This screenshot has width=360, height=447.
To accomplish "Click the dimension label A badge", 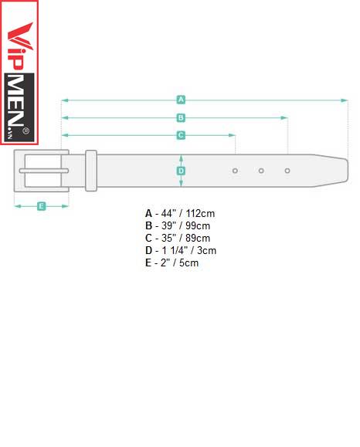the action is click(181, 100).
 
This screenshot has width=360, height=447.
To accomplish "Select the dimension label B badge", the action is click(181, 118).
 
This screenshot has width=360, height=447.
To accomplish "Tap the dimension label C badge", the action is click(181, 135).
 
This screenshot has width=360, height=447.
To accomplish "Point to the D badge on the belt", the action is click(181, 171).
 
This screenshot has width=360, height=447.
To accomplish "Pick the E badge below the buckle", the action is click(42, 206).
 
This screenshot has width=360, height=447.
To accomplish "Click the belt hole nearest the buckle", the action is click(235, 171).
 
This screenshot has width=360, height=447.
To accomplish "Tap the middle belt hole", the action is click(261, 171).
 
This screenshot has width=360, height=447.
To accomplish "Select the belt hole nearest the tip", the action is click(287, 171).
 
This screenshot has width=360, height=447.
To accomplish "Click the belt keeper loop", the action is click(91, 171).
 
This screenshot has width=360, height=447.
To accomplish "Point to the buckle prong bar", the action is click(43, 171).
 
